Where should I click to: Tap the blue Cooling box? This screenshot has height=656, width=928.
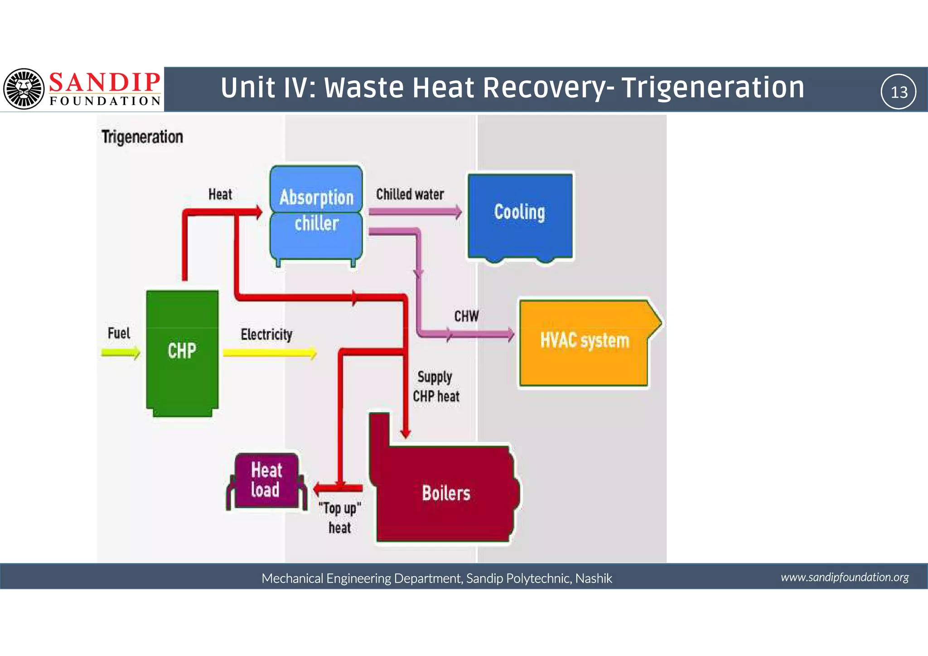520,215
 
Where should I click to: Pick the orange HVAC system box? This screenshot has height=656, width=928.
585,342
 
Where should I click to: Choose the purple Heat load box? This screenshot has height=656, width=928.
266,481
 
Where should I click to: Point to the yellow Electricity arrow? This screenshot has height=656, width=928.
270,353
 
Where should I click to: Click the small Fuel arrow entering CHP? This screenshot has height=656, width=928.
121,352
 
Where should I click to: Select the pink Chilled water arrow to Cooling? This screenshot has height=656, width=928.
415,211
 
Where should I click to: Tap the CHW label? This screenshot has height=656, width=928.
466,316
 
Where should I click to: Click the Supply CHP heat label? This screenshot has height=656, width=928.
436,387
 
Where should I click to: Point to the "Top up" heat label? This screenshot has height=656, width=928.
340,518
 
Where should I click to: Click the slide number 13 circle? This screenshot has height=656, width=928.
899,92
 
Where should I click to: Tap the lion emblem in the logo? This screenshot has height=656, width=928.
24,89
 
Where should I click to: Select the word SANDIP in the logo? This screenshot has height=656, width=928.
105,83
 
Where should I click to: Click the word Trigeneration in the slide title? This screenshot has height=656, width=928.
713,87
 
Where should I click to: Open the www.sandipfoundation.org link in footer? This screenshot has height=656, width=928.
845,577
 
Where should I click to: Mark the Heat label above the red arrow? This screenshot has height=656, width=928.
220,194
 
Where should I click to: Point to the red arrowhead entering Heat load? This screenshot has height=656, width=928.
319,489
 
